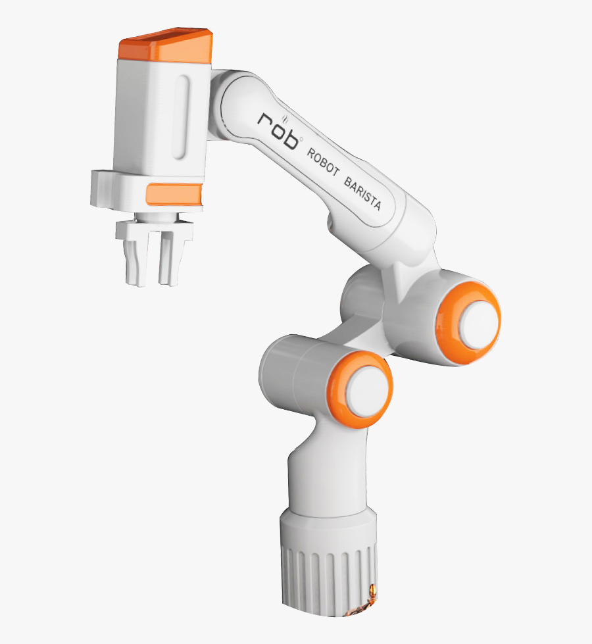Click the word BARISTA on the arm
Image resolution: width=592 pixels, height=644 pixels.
click(x=362, y=195)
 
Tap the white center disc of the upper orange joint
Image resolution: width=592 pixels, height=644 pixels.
click(x=478, y=321)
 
